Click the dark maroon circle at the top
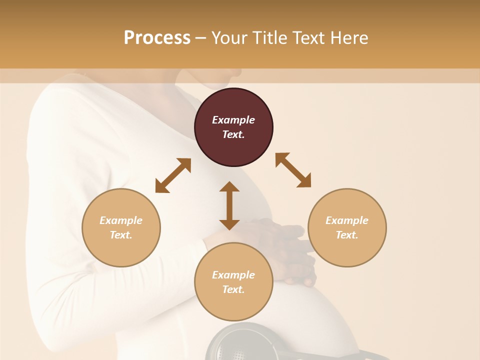coord(233,127)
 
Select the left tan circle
coord(121,227)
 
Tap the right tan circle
coord(347,227)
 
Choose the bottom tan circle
coord(233,282)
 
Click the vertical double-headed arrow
coord(229,205)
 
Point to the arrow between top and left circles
coord(173,175)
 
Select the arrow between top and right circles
coord(293,170)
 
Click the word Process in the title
coord(157,38)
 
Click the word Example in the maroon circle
coord(233,120)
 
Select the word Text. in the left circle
coord(121,235)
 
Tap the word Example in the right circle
coord(347,220)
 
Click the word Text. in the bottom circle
coord(233,289)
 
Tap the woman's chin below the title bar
coord(220,80)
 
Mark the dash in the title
coord(200,38)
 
